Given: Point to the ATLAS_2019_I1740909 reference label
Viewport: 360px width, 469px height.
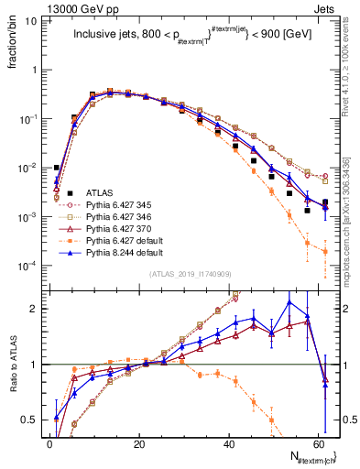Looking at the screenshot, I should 188,274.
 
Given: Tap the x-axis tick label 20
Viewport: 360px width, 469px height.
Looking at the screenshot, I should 139,444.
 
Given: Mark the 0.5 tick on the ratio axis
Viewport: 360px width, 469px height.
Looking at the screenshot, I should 33,420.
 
